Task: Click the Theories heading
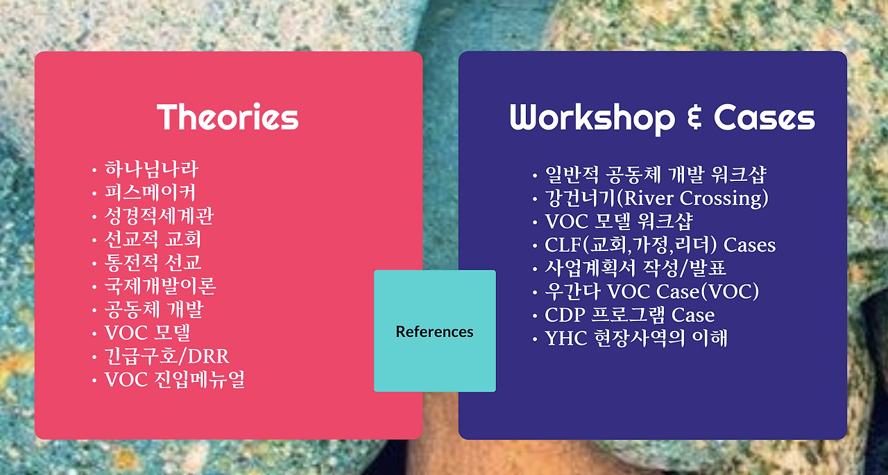click(x=228, y=117)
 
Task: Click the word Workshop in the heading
click(x=592, y=118)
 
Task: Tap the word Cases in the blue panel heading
click(x=765, y=118)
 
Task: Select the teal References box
click(x=435, y=331)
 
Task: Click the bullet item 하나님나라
click(x=151, y=169)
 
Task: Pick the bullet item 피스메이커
click(x=150, y=193)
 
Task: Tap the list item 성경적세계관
click(x=159, y=216)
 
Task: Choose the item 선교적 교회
click(x=153, y=239)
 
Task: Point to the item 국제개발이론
click(x=160, y=286)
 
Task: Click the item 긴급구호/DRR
click(x=166, y=356)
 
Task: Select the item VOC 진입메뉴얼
click(x=174, y=379)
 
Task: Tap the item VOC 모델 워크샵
click(x=618, y=221)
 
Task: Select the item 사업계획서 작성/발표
click(x=635, y=268)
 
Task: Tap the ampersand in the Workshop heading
click(x=694, y=117)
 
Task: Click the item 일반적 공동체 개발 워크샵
click(x=656, y=175)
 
